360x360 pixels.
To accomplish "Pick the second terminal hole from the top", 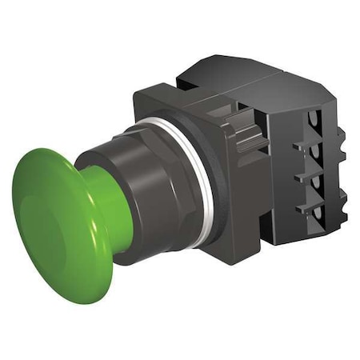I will pyautogui.click(x=314, y=155).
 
